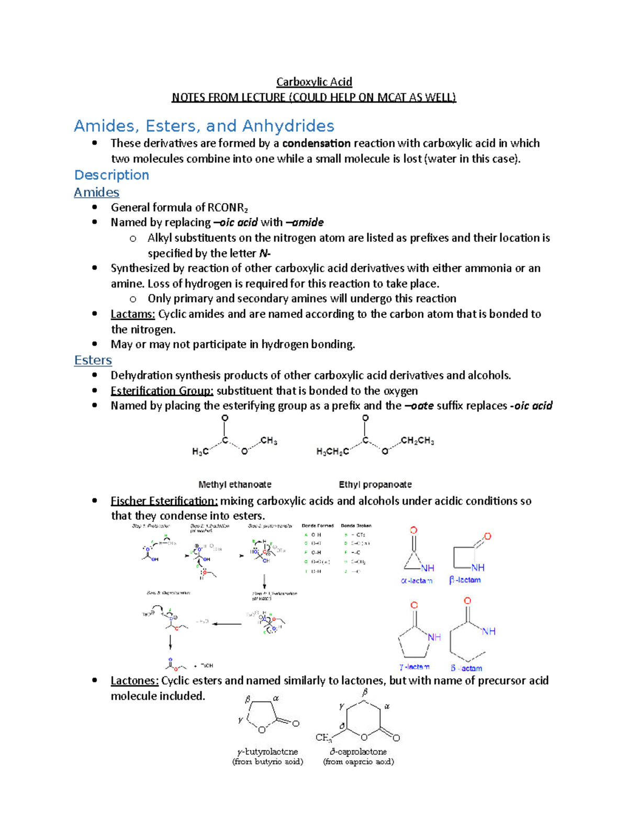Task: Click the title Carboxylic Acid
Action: pyautogui.click(x=314, y=82)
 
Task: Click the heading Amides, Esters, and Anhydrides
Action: pyautogui.click(x=204, y=126)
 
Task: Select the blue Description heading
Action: pyautogui.click(x=111, y=175)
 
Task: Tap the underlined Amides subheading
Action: pyautogui.click(x=96, y=192)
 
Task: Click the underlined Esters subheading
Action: pyautogui.click(x=93, y=360)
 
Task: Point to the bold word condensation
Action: pyautogui.click(x=316, y=143)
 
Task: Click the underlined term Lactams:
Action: pyautogui.click(x=132, y=314)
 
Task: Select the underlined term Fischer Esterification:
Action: pyautogui.click(x=164, y=501)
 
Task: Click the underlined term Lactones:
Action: pyautogui.click(x=134, y=681)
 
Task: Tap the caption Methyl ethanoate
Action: pyautogui.click(x=234, y=485)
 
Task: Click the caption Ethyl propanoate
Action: pyautogui.click(x=375, y=485)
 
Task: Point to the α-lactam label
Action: pyautogui.click(x=417, y=581)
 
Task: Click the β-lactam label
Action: pyautogui.click(x=465, y=580)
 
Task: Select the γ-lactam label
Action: pyautogui.click(x=414, y=667)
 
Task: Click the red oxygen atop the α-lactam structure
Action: pyautogui.click(x=413, y=530)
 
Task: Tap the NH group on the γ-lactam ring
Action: pyautogui.click(x=434, y=637)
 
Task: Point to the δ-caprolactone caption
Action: pyautogui.click(x=358, y=752)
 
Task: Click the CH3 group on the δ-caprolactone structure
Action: pyautogui.click(x=323, y=738)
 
